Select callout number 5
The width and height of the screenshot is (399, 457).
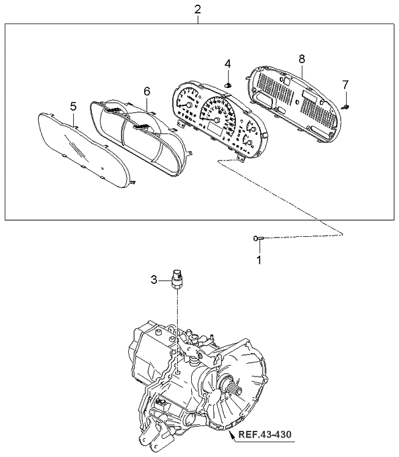73,106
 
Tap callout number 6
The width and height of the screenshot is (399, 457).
146,91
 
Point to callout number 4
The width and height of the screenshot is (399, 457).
227,64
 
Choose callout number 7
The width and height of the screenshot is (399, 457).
345,85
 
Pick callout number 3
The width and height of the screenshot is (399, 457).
154,279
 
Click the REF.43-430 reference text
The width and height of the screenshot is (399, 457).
265,437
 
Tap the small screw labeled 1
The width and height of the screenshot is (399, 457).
259,238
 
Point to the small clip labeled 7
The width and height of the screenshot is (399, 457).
347,105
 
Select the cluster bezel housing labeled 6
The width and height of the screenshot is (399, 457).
137,138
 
